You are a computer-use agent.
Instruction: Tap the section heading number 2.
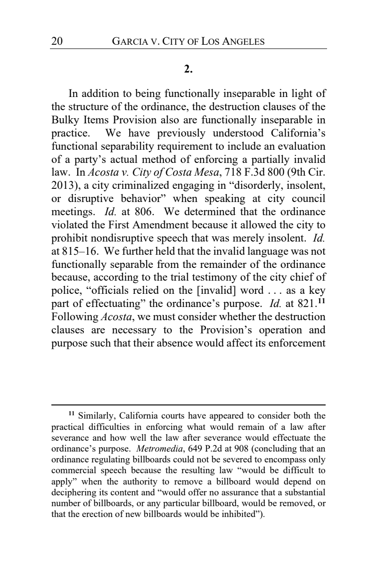(x=188, y=70)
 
